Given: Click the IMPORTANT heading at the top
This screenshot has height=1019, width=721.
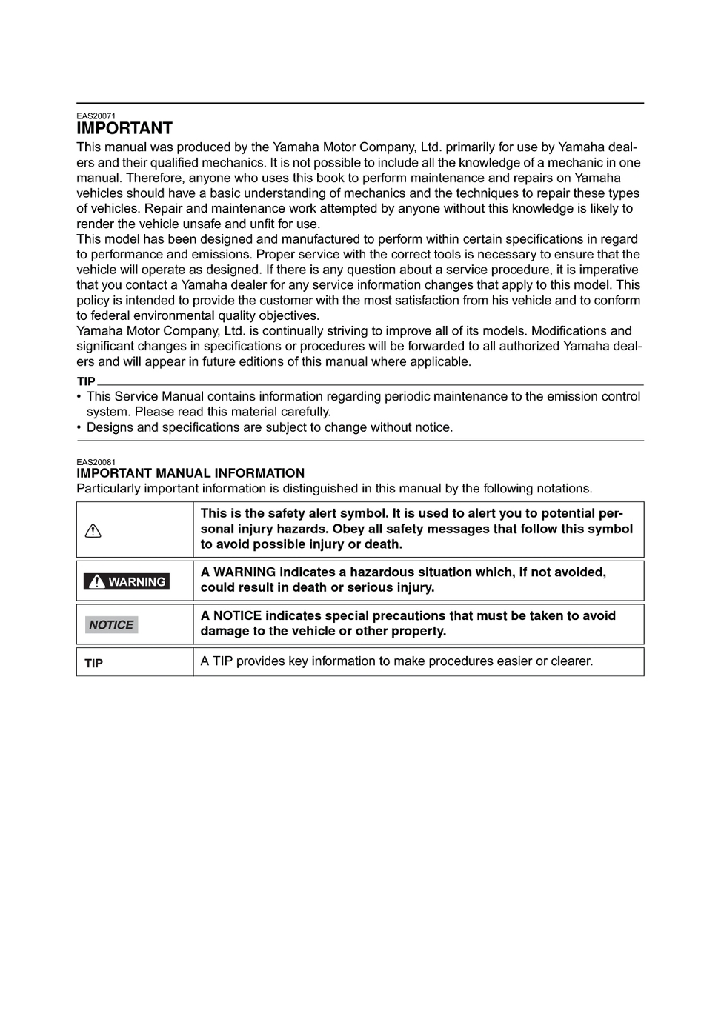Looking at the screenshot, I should click(x=124, y=129).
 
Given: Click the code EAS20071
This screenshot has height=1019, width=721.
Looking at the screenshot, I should click(x=96, y=116).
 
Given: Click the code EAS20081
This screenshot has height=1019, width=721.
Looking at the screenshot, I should click(x=96, y=461).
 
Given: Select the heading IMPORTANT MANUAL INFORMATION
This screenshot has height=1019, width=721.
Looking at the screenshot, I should click(x=190, y=473).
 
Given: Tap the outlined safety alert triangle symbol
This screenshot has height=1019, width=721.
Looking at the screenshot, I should click(x=93, y=531).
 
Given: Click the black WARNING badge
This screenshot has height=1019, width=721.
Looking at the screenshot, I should click(x=127, y=581).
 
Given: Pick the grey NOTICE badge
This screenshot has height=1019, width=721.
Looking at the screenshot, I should click(x=111, y=625).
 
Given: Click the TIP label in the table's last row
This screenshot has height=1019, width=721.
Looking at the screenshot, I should click(x=93, y=663).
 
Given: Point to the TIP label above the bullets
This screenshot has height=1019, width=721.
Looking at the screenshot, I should click(x=86, y=381).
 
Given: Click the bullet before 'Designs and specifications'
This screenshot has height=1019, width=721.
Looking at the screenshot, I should click(x=79, y=428).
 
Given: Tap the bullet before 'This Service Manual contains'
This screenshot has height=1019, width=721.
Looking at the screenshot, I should click(x=79, y=397).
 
